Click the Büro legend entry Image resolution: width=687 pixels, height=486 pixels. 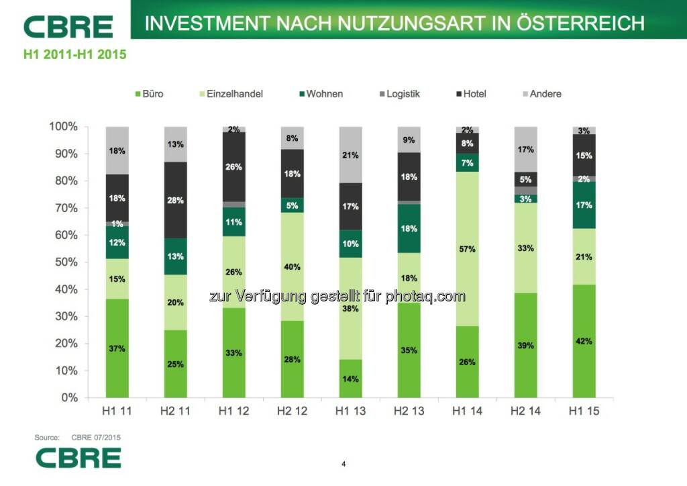(x=148, y=94)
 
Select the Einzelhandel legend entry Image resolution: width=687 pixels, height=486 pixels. (x=229, y=94)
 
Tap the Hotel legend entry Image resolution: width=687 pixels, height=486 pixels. (x=470, y=94)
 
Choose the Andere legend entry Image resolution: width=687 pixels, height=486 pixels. (x=540, y=94)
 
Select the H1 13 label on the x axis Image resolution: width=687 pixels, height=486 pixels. (x=351, y=411)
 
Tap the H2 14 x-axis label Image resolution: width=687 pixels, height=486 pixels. (x=525, y=411)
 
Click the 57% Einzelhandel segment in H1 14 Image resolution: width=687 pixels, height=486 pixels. (x=467, y=248)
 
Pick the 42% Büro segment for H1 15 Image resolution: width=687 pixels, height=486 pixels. (x=584, y=341)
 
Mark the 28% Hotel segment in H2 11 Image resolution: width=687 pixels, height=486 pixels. (x=176, y=200)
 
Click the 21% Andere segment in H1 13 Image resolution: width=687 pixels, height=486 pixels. (x=351, y=155)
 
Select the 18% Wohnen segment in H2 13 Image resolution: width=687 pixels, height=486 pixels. (x=409, y=228)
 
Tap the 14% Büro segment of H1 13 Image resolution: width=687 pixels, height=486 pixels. (x=351, y=379)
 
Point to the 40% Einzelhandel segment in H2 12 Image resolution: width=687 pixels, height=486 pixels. (x=293, y=266)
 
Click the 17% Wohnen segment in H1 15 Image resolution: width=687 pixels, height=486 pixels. (x=584, y=205)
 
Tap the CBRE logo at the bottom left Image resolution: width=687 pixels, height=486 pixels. (x=78, y=458)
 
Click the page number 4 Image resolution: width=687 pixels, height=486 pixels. (x=343, y=464)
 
